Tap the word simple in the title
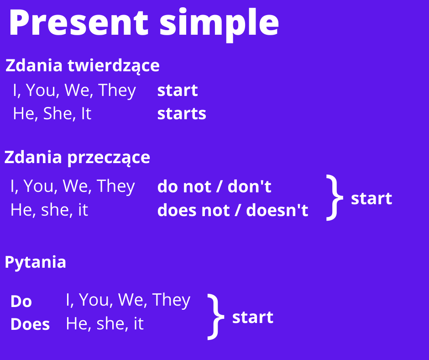pos(219,25)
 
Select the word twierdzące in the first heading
pos(114,66)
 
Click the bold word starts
pos(182,113)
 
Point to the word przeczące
pos(109,158)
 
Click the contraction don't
pos(249,186)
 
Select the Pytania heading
pos(35,263)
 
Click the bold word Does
pos(30,324)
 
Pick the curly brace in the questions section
pos(216,317)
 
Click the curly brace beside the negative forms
pos(335,197)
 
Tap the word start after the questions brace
pos(252,317)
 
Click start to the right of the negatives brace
pos(371,198)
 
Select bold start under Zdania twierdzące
pos(177,90)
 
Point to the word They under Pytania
pos(171,300)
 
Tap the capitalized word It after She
pos(86,113)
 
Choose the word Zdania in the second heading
pos(33,157)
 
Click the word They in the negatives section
pos(116,186)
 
